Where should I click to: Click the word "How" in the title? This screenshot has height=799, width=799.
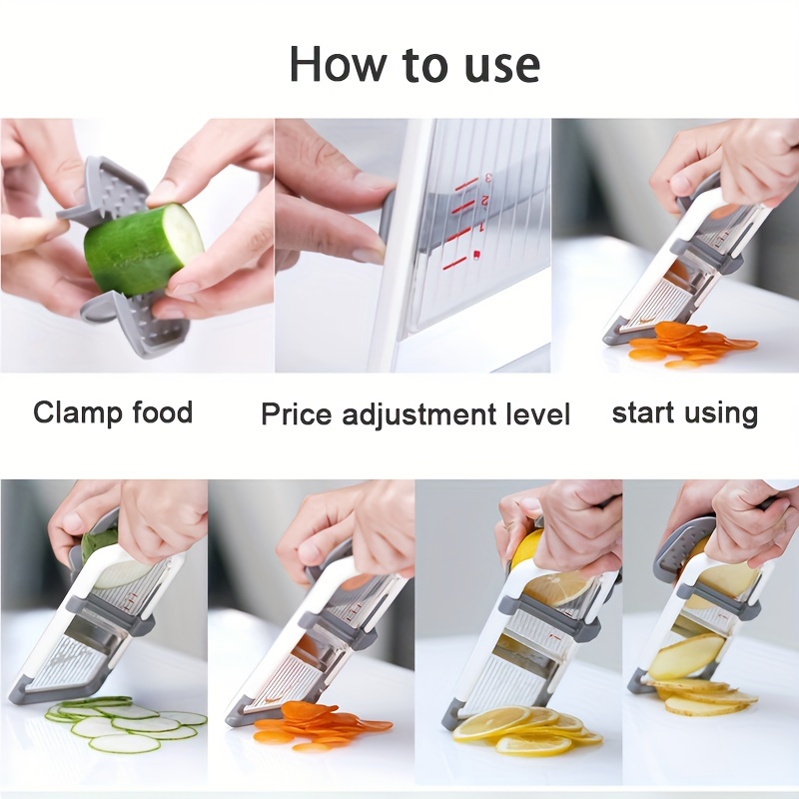(x=338, y=64)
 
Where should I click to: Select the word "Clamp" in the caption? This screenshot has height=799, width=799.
(x=78, y=413)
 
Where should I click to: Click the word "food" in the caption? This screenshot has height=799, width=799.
(x=163, y=411)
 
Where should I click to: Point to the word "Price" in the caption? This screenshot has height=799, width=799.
(x=297, y=413)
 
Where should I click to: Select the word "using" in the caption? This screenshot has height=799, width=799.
(x=719, y=414)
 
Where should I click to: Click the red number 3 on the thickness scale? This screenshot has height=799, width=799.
(x=488, y=179)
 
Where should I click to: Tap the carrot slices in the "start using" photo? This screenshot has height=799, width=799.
(x=690, y=344)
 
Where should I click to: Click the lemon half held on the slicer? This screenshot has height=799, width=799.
(x=526, y=547)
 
